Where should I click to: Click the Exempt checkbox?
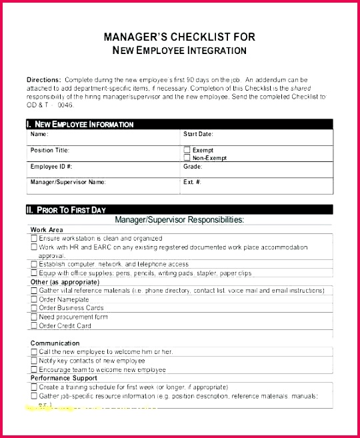[x=187, y=150]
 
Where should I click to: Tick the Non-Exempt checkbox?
[x=187, y=157]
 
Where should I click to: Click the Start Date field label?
[x=198, y=134]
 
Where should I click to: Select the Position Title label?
[x=49, y=150]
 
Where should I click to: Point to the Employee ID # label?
[x=51, y=167]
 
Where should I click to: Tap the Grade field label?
[x=193, y=167]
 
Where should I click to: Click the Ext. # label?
[x=192, y=182]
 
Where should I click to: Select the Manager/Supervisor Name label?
[x=67, y=182]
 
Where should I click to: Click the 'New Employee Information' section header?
[x=80, y=124]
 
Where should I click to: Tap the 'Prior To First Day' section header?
[x=66, y=210]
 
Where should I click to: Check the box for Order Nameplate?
[x=34, y=299]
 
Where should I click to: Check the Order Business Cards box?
[x=34, y=308]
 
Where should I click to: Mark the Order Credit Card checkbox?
[x=34, y=325]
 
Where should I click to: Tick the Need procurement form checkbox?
[x=34, y=317]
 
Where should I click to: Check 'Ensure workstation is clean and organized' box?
[x=34, y=238]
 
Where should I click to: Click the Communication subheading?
[x=55, y=343]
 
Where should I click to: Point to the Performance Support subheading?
[x=64, y=378]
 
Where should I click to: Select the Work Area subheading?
[x=47, y=230]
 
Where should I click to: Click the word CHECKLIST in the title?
[x=200, y=37]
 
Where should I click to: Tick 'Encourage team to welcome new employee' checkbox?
[x=34, y=369]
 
